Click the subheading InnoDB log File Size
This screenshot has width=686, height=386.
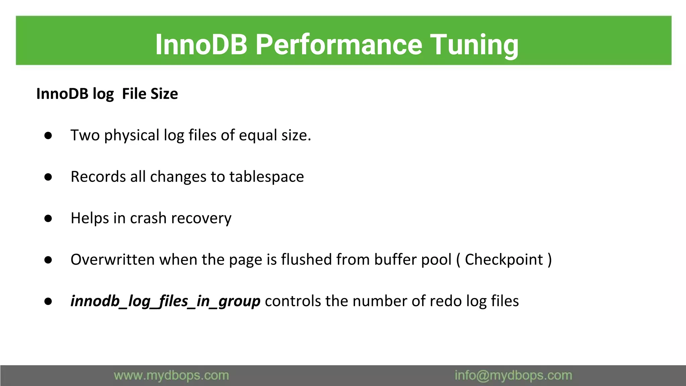point(107,94)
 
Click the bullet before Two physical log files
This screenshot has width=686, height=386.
point(48,135)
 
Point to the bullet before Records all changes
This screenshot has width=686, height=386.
point(48,177)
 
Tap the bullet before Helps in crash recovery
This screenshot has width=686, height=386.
point(48,218)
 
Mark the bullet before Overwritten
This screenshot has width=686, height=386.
point(48,260)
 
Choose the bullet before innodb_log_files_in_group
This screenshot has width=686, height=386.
point(48,301)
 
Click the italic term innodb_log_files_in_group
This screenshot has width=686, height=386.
point(165,301)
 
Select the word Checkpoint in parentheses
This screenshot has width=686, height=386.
point(503,260)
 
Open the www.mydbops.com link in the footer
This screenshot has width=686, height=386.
point(171,376)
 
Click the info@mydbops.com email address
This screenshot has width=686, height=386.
point(513,376)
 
